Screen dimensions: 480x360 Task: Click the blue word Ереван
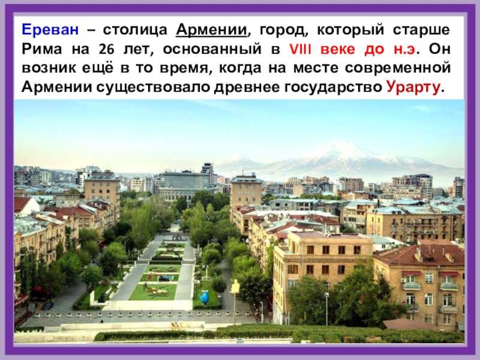click(50, 29)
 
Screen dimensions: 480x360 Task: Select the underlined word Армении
click(212, 30)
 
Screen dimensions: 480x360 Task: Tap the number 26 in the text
click(106, 49)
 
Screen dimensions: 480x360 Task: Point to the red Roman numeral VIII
click(301, 49)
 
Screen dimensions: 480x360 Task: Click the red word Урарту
click(413, 87)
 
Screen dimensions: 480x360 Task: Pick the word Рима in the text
click(41, 49)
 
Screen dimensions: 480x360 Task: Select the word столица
click(135, 30)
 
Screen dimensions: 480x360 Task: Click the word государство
click(333, 87)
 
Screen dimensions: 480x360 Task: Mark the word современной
click(398, 68)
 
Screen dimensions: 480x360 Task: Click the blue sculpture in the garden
click(205, 297)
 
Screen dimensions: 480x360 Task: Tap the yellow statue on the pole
click(235, 287)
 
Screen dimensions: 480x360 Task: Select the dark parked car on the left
click(48, 305)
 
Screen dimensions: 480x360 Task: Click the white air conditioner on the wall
click(404, 280)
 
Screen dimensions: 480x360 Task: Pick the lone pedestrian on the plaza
click(101, 321)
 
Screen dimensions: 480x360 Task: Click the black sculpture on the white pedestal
click(101, 297)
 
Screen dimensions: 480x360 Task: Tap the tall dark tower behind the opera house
click(208, 172)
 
